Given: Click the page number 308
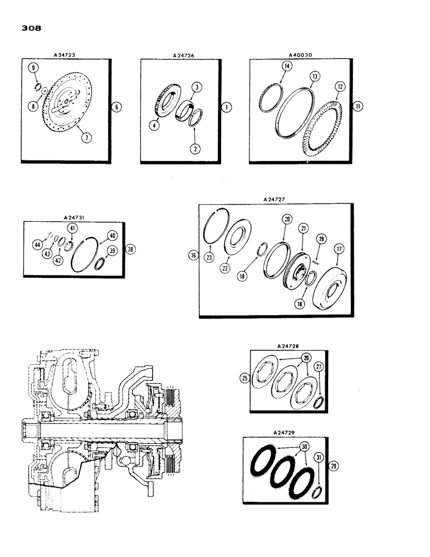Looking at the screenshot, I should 30,27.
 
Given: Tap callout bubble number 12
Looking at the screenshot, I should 340,87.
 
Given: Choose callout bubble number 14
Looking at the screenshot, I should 287,66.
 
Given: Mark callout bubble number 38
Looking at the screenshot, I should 130,249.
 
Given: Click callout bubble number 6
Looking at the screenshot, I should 115,106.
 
